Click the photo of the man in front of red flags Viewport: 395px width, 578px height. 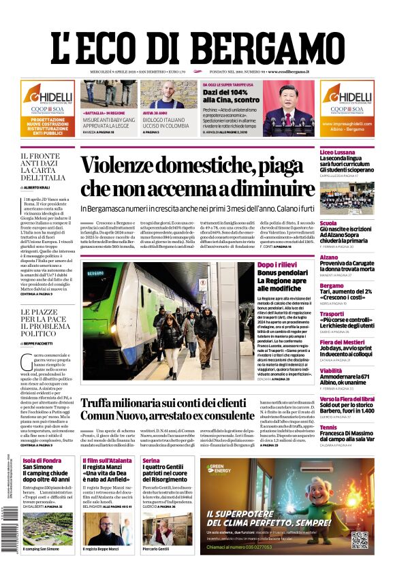click(x=289, y=106)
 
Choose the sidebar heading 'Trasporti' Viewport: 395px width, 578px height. click(x=332, y=314)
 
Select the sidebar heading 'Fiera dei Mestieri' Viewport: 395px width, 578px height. click(x=343, y=342)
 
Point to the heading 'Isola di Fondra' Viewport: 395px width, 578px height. click(x=42, y=460)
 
